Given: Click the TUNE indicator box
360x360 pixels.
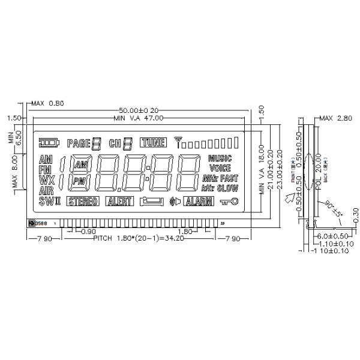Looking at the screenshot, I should click(x=152, y=143).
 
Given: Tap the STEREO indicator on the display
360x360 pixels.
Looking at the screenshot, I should click(x=83, y=202).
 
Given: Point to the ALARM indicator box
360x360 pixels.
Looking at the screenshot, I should click(x=198, y=202).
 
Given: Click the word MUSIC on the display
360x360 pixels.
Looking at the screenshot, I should click(x=220, y=158).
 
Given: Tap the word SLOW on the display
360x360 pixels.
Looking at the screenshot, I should click(x=228, y=188).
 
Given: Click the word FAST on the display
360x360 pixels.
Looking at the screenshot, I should click(x=229, y=178).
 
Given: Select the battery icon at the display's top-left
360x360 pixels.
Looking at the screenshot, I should click(x=50, y=143).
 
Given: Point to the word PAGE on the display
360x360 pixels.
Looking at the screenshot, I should click(x=78, y=143).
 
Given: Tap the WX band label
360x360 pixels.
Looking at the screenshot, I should click(x=46, y=180).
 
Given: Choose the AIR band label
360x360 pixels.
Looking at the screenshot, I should click(x=46, y=191).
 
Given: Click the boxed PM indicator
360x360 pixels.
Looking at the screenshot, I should click(x=79, y=181).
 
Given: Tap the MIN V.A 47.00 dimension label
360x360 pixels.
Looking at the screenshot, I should click(x=138, y=118).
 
